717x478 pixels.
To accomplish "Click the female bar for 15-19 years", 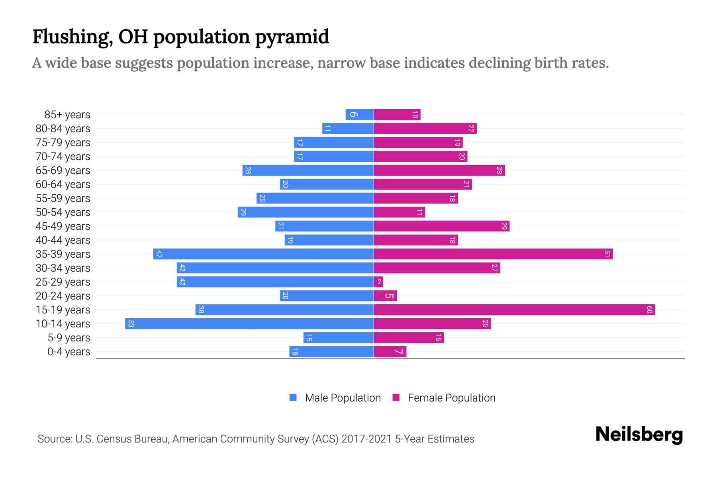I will click(514, 310).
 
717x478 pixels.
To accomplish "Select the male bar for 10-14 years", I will click(249, 323).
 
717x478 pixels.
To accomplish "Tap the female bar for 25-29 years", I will click(378, 282).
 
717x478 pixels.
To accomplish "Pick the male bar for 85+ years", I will click(359, 114).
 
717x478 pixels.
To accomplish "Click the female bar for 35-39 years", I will click(493, 254).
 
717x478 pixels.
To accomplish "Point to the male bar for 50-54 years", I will click(306, 212).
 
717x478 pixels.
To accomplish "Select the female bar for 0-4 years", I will click(390, 351).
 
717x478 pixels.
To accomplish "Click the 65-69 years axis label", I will click(63, 170).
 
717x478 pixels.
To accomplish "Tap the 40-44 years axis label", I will click(63, 240).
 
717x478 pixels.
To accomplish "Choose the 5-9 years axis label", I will click(69, 338).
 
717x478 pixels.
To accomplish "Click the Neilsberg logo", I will click(639, 435).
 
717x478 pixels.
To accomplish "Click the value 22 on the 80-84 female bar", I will click(471, 128).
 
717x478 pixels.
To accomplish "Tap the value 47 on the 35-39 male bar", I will click(159, 254).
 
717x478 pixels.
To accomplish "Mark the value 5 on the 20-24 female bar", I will click(389, 296).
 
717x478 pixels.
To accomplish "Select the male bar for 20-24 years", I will click(327, 296).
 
